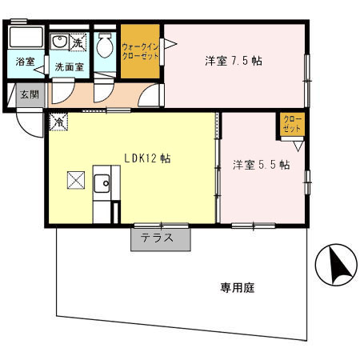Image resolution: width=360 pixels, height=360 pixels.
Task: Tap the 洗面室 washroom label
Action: pyautogui.click(x=70, y=67)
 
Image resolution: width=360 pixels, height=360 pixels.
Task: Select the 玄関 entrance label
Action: pyautogui.click(x=29, y=94)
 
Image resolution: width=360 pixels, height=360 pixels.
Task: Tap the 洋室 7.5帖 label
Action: pyautogui.click(x=234, y=60)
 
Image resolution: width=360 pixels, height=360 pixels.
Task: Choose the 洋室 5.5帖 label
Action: pyautogui.click(x=261, y=165)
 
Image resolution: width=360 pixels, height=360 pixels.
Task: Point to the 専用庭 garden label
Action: pyautogui.click(x=237, y=288)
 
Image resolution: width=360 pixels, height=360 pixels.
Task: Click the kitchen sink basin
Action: pyautogui.click(x=102, y=186)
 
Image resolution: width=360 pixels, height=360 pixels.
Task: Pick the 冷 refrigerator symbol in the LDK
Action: pyautogui.click(x=58, y=122)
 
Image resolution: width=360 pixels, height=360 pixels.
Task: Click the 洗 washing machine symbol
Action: pyautogui.click(x=78, y=39)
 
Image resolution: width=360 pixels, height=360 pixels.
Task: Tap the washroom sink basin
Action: pyautogui.click(x=60, y=42)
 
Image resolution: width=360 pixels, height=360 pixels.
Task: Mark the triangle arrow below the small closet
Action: pyautogui.click(x=298, y=146)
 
